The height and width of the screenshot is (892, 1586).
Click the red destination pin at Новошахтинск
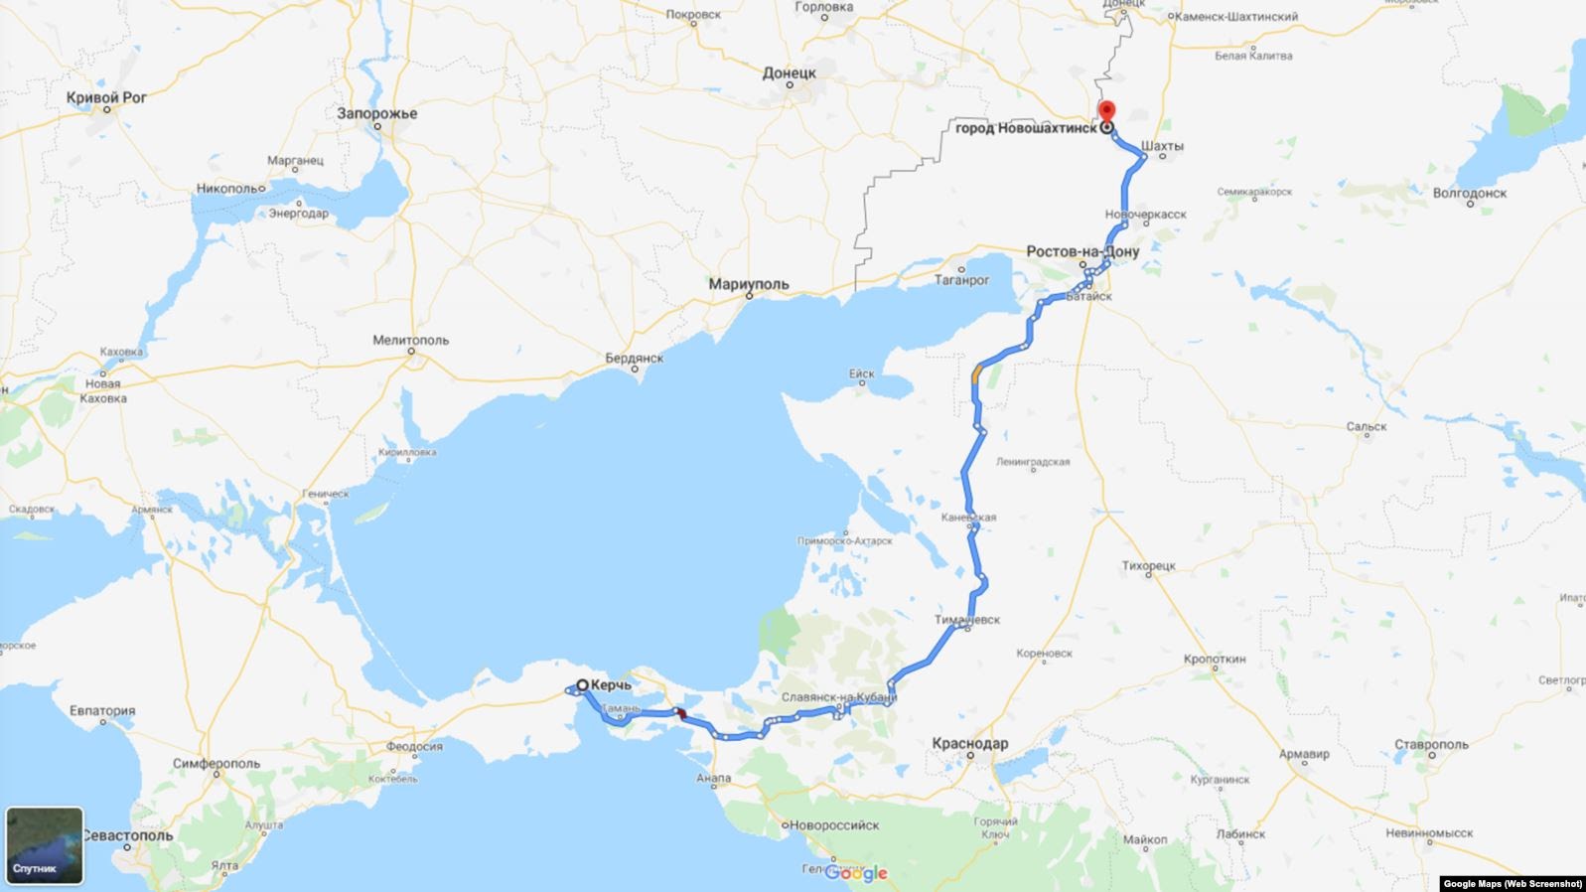(1106, 111)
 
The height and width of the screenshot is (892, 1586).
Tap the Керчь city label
(611, 685)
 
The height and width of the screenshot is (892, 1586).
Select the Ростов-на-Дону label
(1082, 251)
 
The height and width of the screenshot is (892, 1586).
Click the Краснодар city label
(969, 743)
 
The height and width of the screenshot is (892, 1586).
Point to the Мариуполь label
(749, 284)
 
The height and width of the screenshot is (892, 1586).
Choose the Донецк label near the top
(790, 73)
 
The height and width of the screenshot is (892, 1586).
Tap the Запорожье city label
(377, 113)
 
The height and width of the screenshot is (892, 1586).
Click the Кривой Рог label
(106, 97)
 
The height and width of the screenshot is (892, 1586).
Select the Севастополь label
(127, 835)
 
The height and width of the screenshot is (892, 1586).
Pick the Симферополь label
(216, 764)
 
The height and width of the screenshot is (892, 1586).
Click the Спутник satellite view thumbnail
(45, 845)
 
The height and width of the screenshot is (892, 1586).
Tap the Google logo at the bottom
(855, 874)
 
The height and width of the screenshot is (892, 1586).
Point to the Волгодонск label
(1470, 193)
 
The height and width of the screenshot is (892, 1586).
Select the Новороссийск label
(834, 824)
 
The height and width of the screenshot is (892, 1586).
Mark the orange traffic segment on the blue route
(976, 372)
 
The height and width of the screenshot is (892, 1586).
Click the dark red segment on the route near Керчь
(681, 714)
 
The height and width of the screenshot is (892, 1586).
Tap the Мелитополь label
(410, 340)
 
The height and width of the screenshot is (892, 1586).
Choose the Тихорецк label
(1148, 566)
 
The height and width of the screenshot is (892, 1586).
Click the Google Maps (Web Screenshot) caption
(1512, 883)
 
